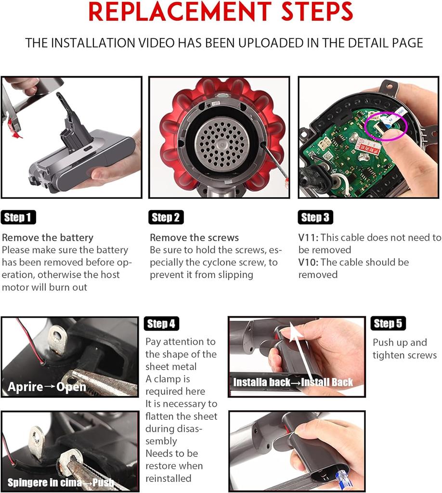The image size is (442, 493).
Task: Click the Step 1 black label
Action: click(18, 218)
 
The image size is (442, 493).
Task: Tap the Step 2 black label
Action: click(166, 218)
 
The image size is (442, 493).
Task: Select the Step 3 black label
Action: click(315, 218)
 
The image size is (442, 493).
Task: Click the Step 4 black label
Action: click(161, 324)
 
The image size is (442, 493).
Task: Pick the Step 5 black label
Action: click(388, 324)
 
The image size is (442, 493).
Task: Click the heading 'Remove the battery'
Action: click(48, 238)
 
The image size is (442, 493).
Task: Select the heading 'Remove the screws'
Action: click(194, 238)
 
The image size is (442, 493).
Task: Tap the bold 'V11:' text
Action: click(309, 238)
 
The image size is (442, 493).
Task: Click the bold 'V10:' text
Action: click(309, 262)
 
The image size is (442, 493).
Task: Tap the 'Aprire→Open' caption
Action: click(47, 387)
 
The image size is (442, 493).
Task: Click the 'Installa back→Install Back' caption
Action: click(293, 383)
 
